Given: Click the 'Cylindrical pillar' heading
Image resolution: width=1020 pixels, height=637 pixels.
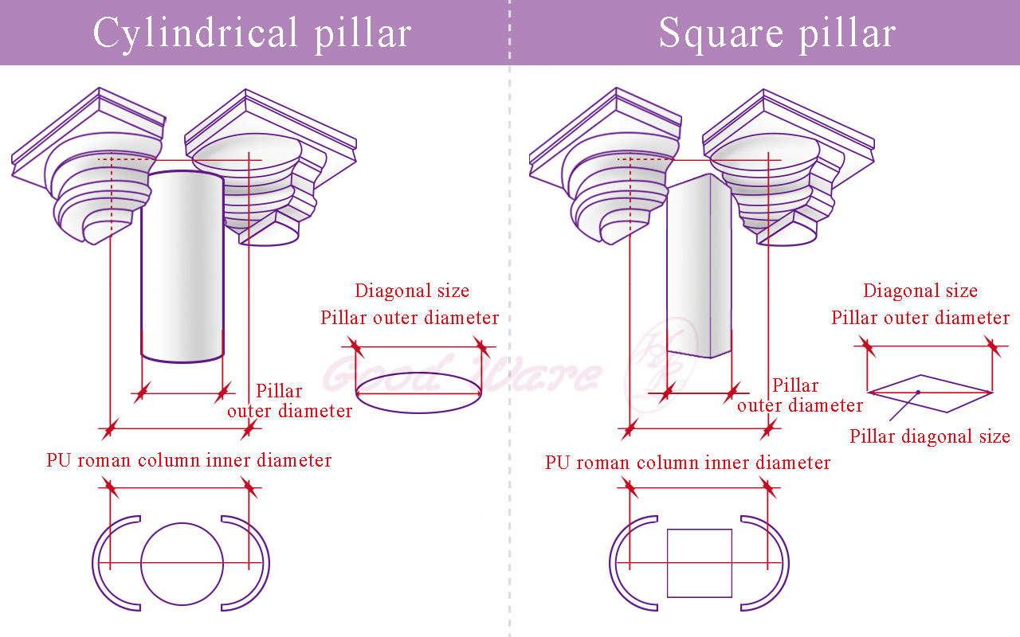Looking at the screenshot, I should coord(252,33).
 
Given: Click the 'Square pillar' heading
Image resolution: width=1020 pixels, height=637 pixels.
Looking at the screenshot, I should coord(777,33).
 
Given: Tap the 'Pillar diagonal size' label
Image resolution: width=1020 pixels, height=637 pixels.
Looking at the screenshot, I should coord(929,436).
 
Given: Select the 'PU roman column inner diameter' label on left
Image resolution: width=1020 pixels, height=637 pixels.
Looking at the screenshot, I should coord(189,460).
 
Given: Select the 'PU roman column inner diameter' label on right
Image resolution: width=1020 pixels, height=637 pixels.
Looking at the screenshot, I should coord(688,463).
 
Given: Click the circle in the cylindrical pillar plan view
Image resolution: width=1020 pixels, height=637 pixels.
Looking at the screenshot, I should coord(182,563).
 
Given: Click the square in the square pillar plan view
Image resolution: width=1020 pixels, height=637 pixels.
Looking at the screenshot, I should coord(699,563).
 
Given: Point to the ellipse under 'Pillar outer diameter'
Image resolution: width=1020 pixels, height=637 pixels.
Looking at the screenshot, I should coord(418,393).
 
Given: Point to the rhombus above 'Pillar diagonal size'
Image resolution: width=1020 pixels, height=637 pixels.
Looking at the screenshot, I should coord(929,393).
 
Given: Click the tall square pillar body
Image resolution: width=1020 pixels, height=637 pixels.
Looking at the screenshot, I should coord(699,267).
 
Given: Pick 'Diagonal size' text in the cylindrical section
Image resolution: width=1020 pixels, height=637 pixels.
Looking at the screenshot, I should coord(411,291).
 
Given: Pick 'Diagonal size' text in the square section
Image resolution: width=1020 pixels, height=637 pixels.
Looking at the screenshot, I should coord(920,291).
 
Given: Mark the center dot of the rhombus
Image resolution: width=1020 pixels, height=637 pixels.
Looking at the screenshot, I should coord(918,392).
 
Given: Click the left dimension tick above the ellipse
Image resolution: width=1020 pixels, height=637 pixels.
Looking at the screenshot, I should coord(355,347).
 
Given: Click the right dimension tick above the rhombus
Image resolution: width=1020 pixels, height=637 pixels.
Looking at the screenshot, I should coord(991,346).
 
